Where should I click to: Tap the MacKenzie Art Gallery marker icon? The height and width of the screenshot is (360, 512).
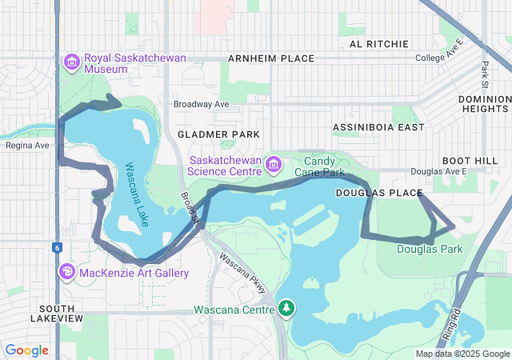pos(66,273)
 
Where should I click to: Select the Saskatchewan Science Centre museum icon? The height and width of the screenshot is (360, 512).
pos(274,165)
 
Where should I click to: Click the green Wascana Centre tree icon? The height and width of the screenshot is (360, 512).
pos(286,308)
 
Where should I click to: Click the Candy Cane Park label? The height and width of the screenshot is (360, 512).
pos(319,166)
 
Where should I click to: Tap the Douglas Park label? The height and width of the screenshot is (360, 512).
pos(430,250)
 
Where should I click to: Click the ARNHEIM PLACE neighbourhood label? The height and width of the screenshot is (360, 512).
pos(270,59)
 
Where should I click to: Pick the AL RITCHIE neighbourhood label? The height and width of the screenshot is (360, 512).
pos(374,44)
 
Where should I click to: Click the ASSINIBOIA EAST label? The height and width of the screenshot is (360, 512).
pos(378,127)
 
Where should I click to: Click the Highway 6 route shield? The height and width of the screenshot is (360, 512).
pos(58,248)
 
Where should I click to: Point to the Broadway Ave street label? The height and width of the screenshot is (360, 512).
pos(202,104)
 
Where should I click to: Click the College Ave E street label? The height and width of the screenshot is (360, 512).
pos(439,58)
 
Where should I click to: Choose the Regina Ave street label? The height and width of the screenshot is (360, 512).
pos(27,145)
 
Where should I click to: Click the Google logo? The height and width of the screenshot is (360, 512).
pos(26,350)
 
